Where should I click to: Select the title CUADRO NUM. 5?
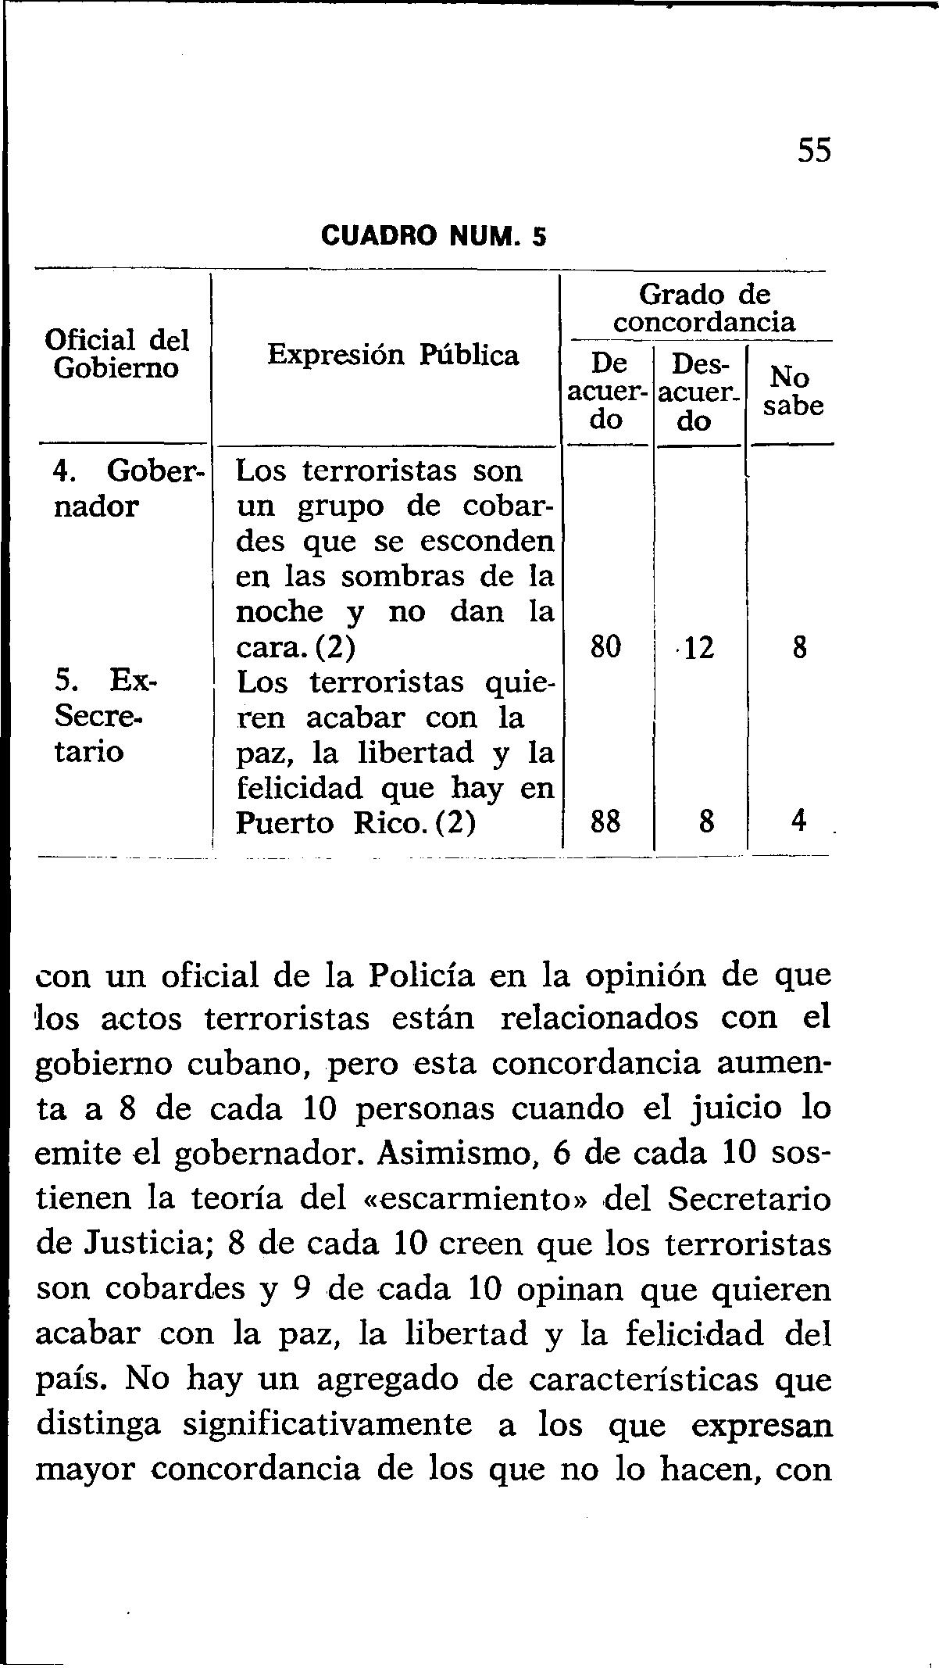434,235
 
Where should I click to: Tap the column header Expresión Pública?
393,356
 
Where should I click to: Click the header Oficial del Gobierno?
117,353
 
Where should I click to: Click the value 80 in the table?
605,647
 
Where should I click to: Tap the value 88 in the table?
605,823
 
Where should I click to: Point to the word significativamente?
327,1425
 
